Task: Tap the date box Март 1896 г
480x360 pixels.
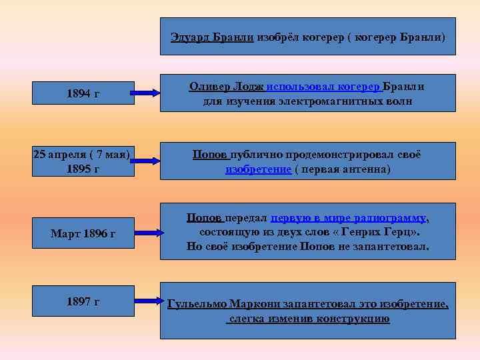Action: coord(83,233)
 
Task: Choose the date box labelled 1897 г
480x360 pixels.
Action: coord(83,302)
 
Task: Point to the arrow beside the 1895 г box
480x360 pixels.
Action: coord(145,161)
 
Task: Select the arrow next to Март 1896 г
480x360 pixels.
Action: coord(145,233)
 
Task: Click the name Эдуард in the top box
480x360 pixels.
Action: coord(191,37)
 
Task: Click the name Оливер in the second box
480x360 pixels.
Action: coord(210,87)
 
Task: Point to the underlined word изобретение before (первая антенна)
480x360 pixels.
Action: coord(258,169)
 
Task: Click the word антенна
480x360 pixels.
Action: coord(367,169)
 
